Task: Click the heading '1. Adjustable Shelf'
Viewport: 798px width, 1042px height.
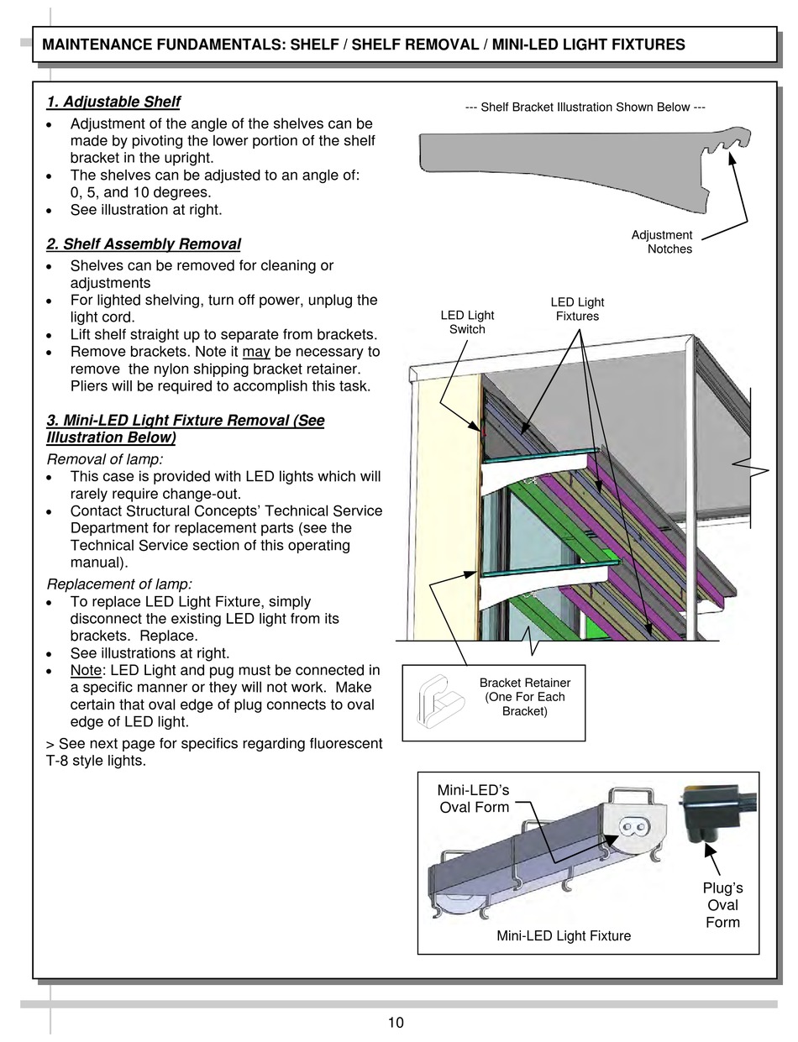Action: (113, 102)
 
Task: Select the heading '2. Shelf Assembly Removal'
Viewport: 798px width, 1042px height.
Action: (144, 244)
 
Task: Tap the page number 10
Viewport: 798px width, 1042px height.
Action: (396, 1022)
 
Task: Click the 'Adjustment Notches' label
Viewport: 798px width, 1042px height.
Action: (662, 242)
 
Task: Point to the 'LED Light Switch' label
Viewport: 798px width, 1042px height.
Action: (467, 322)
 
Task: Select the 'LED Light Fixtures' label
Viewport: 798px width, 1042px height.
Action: (577, 309)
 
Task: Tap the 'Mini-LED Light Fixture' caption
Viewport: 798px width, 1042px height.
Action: (564, 935)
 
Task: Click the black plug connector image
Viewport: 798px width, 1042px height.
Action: (716, 811)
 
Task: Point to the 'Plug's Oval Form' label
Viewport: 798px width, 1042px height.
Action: (722, 905)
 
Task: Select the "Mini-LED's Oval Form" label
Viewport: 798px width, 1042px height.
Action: (474, 799)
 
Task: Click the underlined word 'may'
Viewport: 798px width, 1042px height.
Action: (256, 352)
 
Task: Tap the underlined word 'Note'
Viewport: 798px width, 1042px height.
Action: (86, 670)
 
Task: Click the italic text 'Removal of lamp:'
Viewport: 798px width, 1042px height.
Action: (105, 459)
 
